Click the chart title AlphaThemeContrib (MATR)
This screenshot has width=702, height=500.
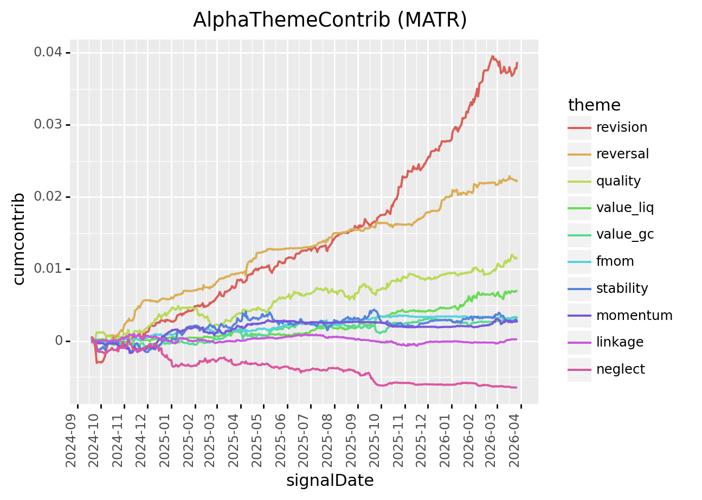330,20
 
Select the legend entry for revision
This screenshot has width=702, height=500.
621,127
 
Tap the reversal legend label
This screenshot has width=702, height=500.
622,154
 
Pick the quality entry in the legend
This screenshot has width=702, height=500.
618,181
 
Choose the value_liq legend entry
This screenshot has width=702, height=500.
624,208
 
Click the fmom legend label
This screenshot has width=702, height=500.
615,261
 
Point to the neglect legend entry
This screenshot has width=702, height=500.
620,369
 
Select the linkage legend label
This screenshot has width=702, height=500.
620,342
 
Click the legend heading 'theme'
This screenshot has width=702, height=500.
594,105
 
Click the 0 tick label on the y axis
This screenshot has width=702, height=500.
58,341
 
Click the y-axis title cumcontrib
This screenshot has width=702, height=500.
19,239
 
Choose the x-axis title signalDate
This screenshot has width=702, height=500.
330,480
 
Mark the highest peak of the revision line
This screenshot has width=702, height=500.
493,56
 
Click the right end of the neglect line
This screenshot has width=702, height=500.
516,387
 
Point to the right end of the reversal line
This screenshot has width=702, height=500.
516,181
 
